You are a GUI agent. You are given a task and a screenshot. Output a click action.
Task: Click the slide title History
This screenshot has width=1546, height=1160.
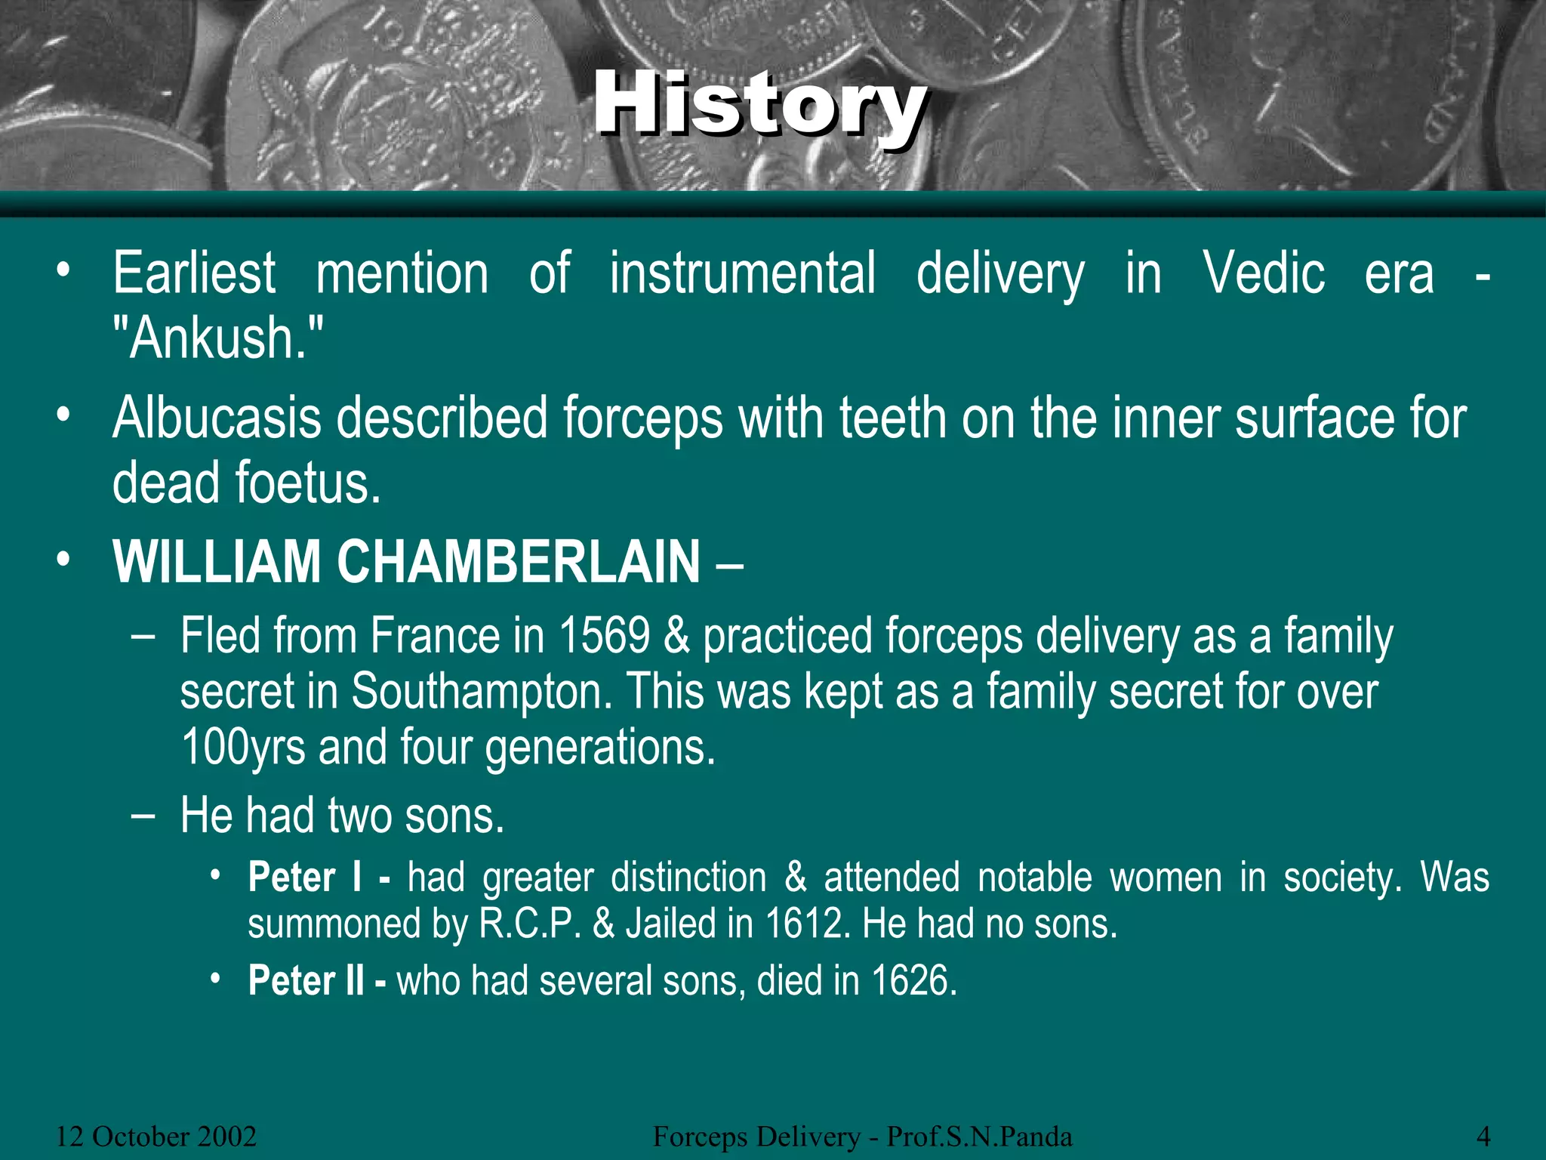[759, 106]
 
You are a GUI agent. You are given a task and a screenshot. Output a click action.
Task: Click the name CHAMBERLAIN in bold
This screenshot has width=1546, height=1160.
[519, 562]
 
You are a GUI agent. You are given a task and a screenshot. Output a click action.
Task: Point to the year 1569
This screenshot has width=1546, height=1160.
[604, 636]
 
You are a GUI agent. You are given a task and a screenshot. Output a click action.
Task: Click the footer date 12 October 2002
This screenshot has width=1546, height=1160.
[156, 1136]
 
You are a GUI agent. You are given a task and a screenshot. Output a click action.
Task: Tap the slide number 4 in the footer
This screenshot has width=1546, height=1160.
[1483, 1136]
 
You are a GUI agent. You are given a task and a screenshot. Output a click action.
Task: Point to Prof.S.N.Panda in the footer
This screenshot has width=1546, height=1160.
[979, 1136]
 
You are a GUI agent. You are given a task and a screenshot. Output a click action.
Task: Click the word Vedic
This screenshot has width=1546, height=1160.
[1264, 273]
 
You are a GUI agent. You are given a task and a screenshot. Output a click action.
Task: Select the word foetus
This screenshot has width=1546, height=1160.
[308, 483]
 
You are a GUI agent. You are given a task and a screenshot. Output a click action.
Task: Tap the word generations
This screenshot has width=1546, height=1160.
[599, 747]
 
